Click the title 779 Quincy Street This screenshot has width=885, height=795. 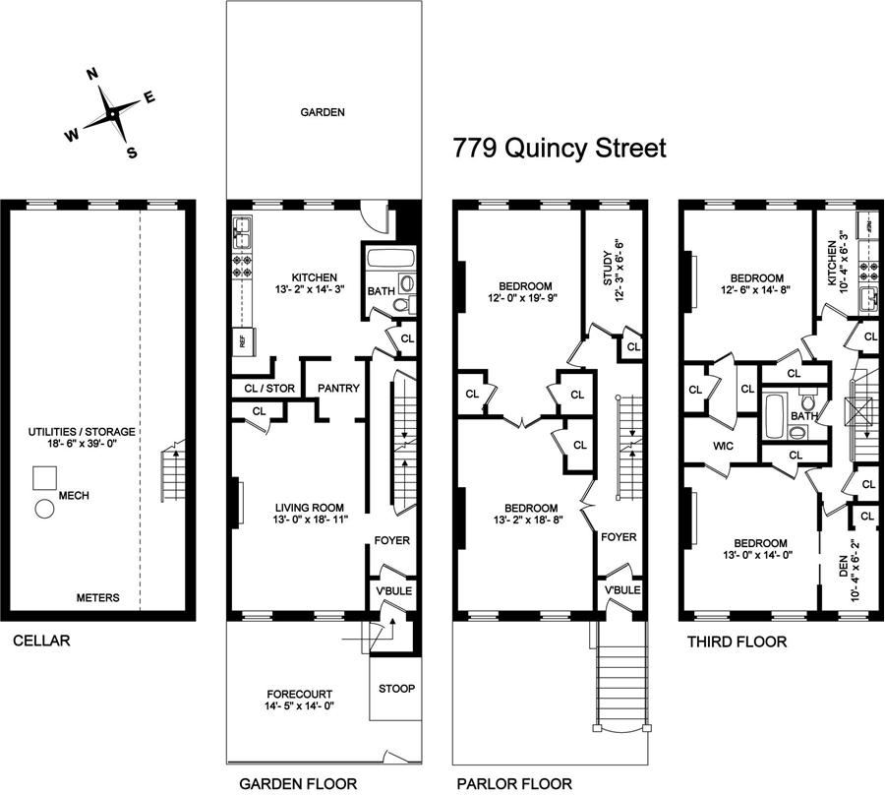coord(559,149)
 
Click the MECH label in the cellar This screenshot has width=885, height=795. coord(75,496)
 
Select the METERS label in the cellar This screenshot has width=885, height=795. coord(100,597)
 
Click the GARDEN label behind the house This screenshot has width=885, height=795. coord(323,112)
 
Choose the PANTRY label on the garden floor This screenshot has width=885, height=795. coord(338,389)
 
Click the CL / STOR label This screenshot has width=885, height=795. coord(268,389)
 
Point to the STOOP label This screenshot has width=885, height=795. coord(396,689)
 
